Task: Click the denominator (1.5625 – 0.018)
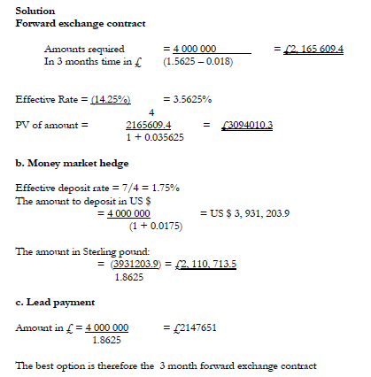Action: tap(199, 63)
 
